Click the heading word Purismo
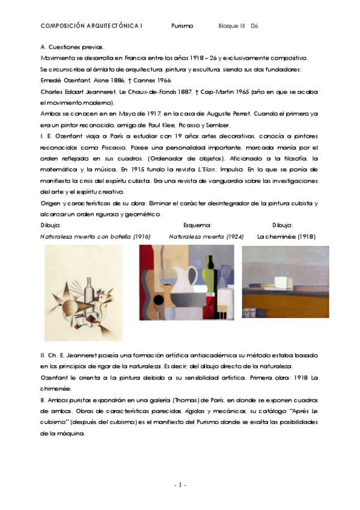[182, 26]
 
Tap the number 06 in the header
[254, 26]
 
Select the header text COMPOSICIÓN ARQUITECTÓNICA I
[91, 26]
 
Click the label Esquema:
[198, 226]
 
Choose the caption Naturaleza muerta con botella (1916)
[95, 236]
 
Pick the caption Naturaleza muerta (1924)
[206, 236]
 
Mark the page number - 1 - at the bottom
[180, 485]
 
